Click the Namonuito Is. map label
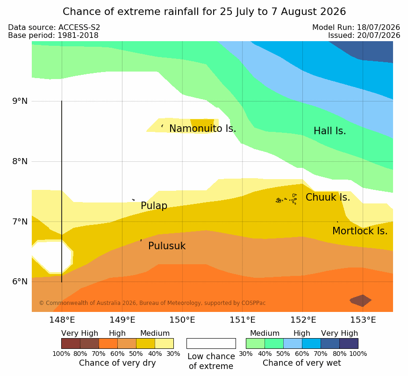click(x=203, y=128)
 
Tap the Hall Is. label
click(x=329, y=131)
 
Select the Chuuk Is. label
click(x=328, y=197)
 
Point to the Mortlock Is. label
click(x=360, y=231)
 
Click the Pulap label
click(x=154, y=206)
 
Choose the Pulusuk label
click(x=167, y=246)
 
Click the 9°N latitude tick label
click(x=20, y=101)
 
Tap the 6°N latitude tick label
click(x=20, y=282)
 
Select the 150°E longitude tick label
click(x=182, y=320)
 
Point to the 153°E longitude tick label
click(x=363, y=320)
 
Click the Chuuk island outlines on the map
click(x=286, y=199)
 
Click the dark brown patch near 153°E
click(x=361, y=301)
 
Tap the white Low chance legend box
click(x=211, y=343)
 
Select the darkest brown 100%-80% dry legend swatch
click(x=71, y=343)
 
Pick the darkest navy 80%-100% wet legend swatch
click(x=349, y=343)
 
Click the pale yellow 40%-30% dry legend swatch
click(x=164, y=343)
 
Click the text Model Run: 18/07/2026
click(x=356, y=27)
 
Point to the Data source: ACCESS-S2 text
click(x=54, y=27)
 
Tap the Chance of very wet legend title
click(x=301, y=363)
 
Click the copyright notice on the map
click(x=152, y=303)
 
